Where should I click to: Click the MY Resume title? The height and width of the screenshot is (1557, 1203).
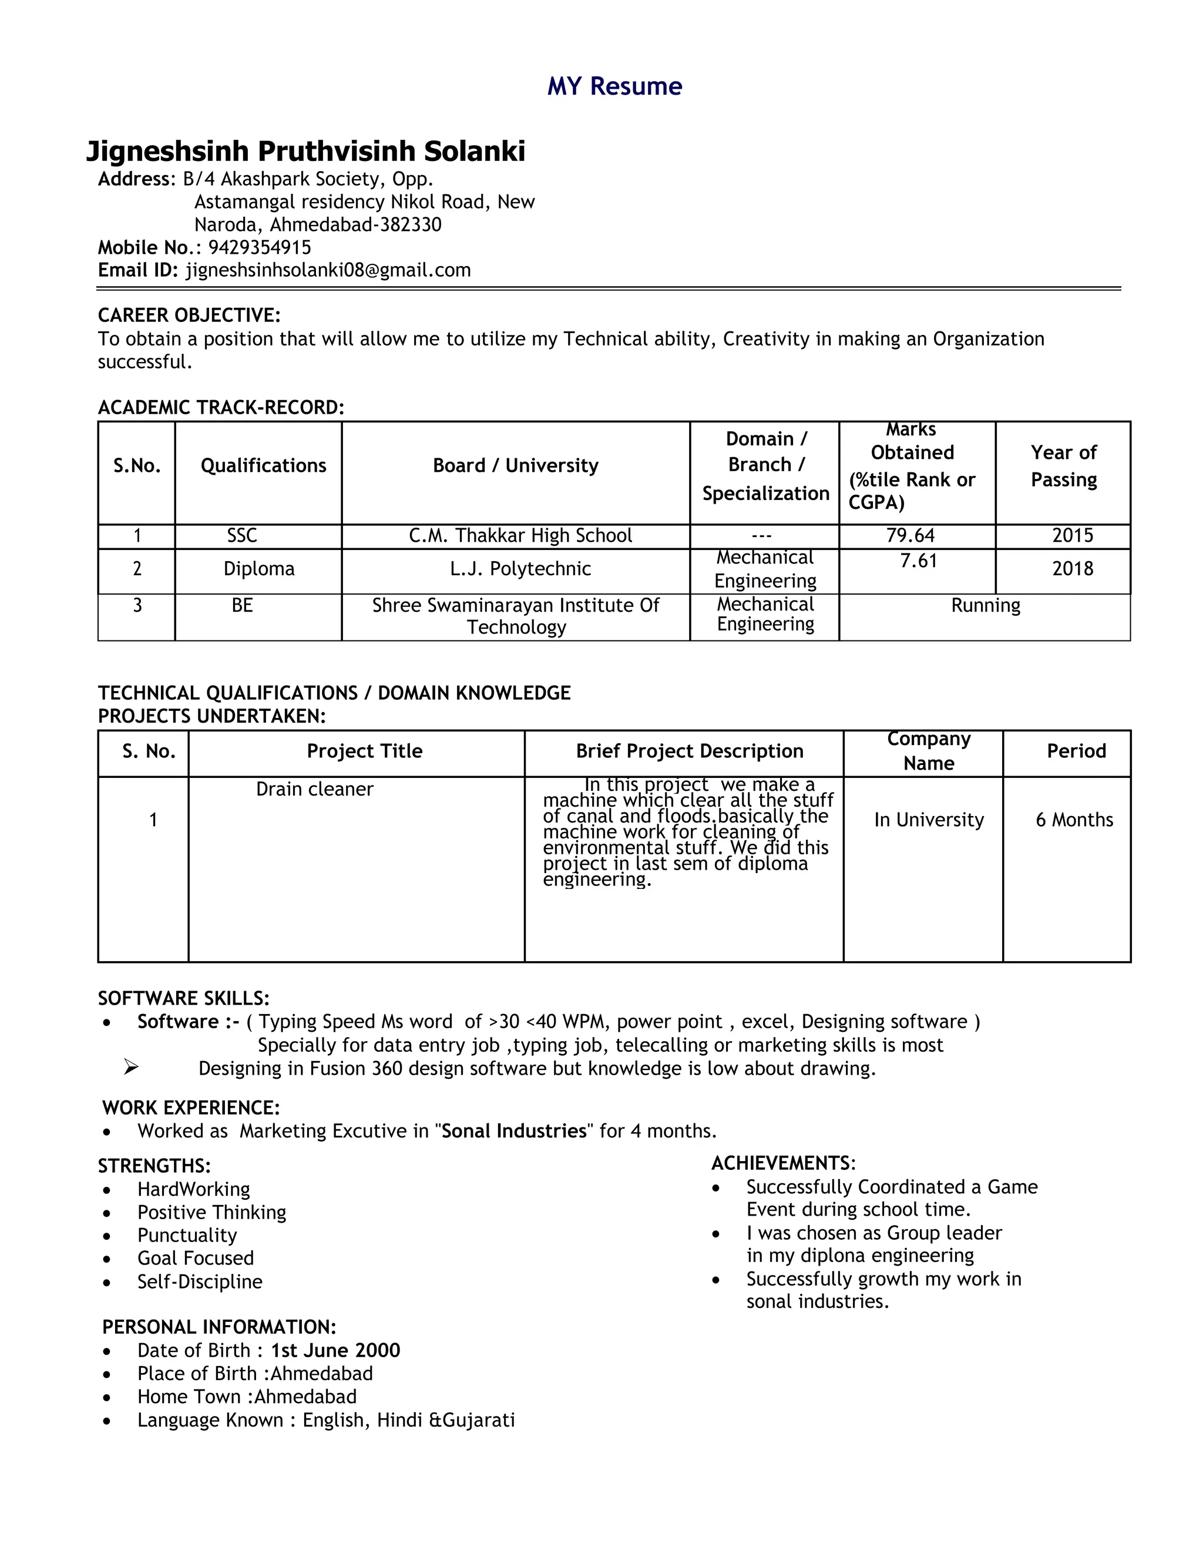pos(614,86)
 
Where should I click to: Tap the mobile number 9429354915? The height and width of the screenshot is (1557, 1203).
pos(260,247)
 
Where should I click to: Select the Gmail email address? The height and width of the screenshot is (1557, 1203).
pos(328,270)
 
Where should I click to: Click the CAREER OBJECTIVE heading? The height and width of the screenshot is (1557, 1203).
pos(189,315)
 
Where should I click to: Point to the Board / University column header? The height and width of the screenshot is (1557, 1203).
pos(515,465)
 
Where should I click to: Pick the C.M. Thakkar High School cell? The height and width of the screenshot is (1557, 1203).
pos(520,535)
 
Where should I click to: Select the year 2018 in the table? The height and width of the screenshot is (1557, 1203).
pos(1072,569)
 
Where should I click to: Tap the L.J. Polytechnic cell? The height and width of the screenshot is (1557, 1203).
pos(520,569)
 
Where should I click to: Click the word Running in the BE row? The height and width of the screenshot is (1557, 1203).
pos(985,605)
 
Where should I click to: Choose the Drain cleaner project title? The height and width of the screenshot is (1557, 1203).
pos(314,789)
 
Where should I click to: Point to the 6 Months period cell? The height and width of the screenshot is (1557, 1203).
pos(1074,820)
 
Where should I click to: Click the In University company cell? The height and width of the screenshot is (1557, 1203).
pos(929,820)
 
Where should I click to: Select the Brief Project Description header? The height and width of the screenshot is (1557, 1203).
pos(689,751)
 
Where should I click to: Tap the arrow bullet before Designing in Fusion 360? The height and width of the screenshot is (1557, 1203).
pos(130,1067)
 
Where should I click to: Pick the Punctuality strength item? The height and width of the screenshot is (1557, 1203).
pos(187,1236)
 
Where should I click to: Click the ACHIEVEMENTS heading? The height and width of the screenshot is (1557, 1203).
pos(782,1163)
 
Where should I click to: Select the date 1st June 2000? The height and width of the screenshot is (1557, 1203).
pos(335,1350)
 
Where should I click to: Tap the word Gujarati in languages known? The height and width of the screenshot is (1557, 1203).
pos(478,1420)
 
